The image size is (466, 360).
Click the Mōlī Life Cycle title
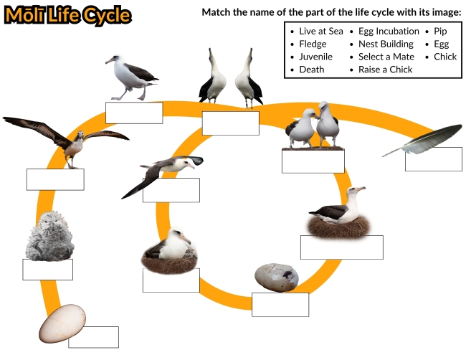pyautogui.click(x=67, y=15)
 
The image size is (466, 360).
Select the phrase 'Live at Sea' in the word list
pyautogui.click(x=321, y=32)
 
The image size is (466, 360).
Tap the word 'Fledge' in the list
pyautogui.click(x=313, y=44)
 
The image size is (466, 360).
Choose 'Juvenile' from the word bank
pyautogui.click(x=316, y=57)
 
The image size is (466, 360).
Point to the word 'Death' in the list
pyautogui.click(x=312, y=70)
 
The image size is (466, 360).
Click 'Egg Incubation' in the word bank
pyautogui.click(x=389, y=32)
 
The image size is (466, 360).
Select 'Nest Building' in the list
pyautogui.click(x=386, y=44)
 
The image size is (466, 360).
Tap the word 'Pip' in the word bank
pyautogui.click(x=440, y=32)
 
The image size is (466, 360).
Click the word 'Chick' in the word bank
pyautogui.click(x=444, y=57)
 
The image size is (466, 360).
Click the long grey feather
pyautogui.click(x=422, y=140)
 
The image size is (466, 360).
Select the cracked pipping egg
pyautogui.click(x=277, y=277)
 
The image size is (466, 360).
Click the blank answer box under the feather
pyautogui.click(x=433, y=159)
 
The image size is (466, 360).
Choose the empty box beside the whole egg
pyautogui.click(x=93, y=337)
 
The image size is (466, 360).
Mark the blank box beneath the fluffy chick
pyautogui.click(x=47, y=270)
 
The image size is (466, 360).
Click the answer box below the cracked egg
pyautogui.click(x=280, y=304)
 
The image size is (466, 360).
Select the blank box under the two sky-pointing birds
pyautogui.click(x=230, y=123)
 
